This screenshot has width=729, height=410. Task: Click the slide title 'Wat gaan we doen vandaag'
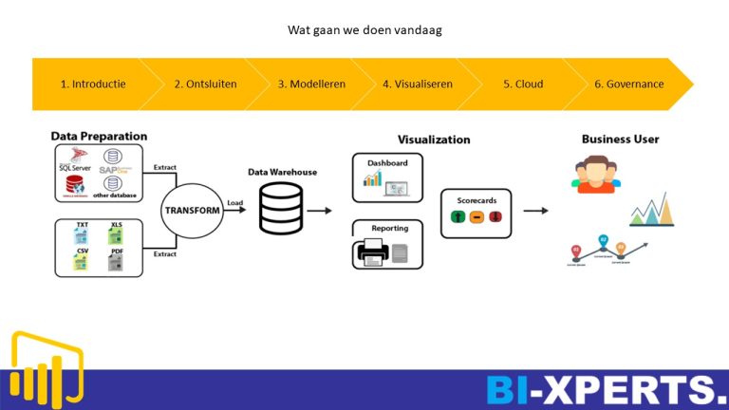click(364, 29)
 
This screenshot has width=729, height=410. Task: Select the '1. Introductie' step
click(93, 84)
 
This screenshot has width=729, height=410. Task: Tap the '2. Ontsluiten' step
click(205, 84)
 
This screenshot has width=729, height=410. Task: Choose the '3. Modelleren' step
click(311, 84)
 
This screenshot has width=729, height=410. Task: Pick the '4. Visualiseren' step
click(418, 84)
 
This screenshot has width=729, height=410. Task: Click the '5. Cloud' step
click(523, 84)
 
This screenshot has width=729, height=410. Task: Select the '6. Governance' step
click(628, 84)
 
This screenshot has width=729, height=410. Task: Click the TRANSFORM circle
click(193, 210)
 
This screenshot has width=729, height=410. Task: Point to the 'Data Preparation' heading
click(99, 137)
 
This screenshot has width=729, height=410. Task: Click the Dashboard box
click(387, 177)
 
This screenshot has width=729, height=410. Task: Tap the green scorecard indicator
click(458, 218)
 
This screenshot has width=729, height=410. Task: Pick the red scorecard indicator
click(495, 218)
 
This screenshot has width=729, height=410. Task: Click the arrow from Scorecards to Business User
click(536, 212)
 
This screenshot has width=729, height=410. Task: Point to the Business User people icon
click(594, 174)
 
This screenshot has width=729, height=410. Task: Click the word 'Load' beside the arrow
click(235, 201)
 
